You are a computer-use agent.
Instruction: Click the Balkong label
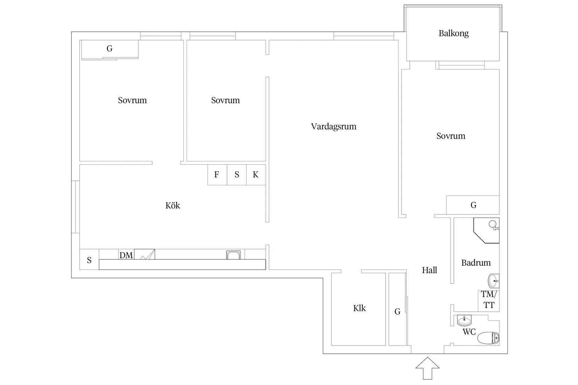point(453,33)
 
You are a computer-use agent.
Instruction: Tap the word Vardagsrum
point(333,126)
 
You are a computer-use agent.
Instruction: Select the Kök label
point(173,205)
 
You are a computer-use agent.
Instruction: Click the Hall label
point(429,270)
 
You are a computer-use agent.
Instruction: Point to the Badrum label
point(476,263)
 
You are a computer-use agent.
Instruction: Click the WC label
point(469,331)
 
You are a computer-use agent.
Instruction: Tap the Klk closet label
point(359,308)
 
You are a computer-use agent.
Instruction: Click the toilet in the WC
point(488,338)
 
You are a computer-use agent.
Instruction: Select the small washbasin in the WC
point(464,320)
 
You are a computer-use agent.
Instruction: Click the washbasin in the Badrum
point(494,281)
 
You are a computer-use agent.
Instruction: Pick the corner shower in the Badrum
point(487,231)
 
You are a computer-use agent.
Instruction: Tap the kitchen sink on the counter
point(233,255)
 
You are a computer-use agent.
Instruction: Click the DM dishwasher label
point(126,255)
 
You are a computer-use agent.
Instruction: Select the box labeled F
point(217,175)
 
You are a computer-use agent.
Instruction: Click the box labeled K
point(256,175)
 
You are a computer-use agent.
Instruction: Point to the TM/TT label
point(489,300)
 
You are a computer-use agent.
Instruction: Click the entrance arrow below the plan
point(427,368)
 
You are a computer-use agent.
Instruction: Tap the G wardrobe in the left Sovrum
point(110,49)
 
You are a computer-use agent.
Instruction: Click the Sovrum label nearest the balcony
point(451,136)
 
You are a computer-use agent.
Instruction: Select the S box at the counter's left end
point(89,259)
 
